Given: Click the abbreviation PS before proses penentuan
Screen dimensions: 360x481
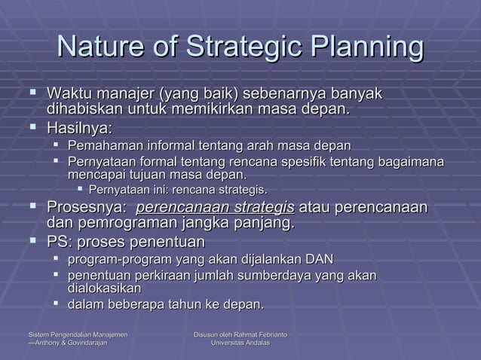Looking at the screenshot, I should coord(57,243).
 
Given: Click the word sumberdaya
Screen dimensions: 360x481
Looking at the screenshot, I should coord(277,276).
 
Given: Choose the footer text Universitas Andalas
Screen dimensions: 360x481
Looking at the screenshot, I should coord(240,343).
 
